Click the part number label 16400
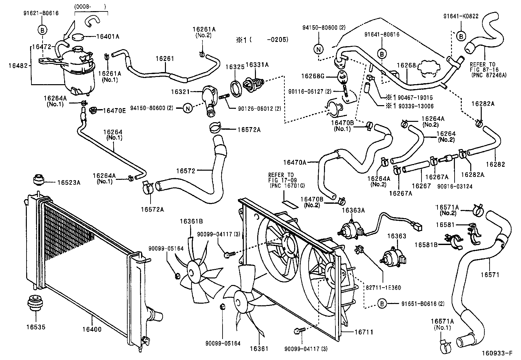coord(92,329)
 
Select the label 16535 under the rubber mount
coord(36,327)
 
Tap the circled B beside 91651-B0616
coord(382,304)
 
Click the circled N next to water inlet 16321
coord(188,108)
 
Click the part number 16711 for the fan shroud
coord(364,332)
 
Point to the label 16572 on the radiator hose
coord(186,171)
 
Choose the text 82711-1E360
coord(383,288)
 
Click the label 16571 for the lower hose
coord(490,275)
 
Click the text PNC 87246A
coord(489,75)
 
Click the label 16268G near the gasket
coord(313,76)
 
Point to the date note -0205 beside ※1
coord(277,40)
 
